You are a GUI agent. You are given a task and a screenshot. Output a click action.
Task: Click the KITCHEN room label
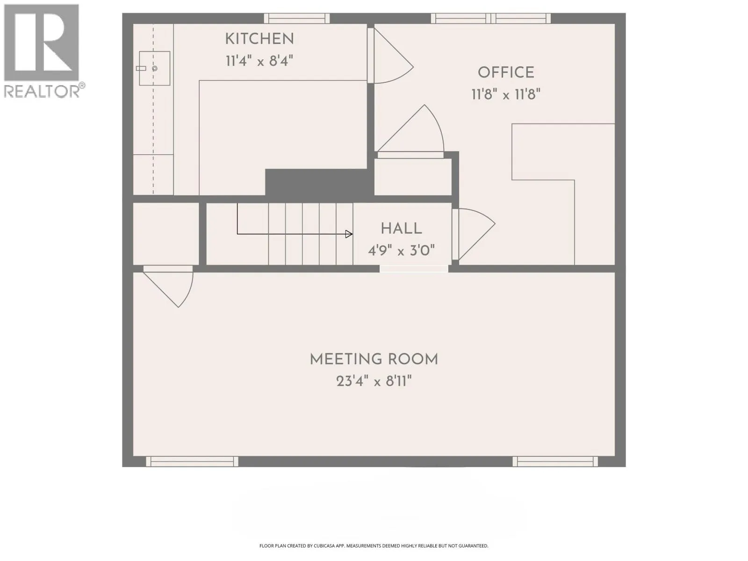tap(259, 39)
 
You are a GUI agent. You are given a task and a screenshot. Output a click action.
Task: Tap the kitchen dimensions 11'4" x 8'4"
tap(259, 61)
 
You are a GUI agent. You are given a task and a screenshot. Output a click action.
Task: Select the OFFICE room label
tap(506, 72)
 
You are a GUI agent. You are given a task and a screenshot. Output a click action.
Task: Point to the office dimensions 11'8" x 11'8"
tap(506, 94)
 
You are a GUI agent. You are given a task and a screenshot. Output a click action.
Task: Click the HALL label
tap(401, 229)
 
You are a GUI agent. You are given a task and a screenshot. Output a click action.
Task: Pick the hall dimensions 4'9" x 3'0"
tap(401, 251)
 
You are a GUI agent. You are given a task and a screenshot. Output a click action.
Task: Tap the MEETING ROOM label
tap(374, 360)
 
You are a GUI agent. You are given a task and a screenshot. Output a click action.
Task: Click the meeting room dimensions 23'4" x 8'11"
tap(374, 381)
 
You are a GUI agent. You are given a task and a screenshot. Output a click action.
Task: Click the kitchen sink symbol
tap(154, 68)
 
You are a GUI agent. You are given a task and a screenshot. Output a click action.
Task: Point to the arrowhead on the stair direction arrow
tap(349, 234)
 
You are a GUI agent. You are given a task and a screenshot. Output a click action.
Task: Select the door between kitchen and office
tap(390, 55)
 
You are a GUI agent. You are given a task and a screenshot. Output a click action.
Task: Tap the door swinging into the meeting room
tap(168, 286)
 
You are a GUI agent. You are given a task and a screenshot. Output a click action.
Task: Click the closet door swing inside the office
tap(410, 131)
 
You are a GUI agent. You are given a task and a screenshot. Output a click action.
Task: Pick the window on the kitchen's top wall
tap(297, 18)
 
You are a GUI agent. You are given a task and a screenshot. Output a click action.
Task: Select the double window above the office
tap(491, 18)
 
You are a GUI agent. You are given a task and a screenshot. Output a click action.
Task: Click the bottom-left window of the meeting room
tap(192, 461)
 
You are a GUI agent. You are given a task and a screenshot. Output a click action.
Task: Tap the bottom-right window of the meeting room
tap(555, 461)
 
